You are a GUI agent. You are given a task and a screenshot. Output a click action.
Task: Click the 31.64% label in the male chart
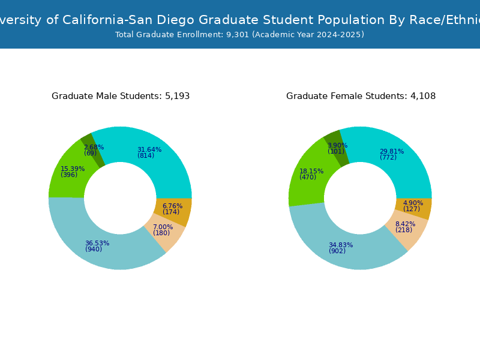tap(149, 149)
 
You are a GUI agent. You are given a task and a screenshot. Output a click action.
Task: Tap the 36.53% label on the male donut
tap(97, 243)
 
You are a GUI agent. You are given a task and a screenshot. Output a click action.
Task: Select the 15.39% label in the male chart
tap(73, 169)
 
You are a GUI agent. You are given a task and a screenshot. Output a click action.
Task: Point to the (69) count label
tap(90, 154)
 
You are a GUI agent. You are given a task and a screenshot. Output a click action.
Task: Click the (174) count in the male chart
tap(171, 212)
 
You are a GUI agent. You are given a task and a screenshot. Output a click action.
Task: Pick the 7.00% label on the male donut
tap(163, 227)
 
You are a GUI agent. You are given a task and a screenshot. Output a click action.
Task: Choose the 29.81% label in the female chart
tap(392, 151)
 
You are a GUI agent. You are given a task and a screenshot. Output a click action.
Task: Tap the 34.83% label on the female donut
tap(341, 245)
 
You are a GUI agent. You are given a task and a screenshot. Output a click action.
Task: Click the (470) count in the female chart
tap(308, 178)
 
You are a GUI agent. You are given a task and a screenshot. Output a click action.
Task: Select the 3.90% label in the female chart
tap(337, 145)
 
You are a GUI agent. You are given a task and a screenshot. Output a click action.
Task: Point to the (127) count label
tap(412, 209)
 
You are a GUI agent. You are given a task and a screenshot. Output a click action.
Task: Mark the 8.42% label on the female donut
tap(405, 224)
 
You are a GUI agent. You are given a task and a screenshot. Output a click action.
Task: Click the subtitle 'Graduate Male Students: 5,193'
tap(121, 96)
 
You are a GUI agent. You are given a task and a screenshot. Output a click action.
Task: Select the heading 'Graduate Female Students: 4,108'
tap(361, 96)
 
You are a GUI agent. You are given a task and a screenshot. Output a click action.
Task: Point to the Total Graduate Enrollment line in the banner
tap(240, 35)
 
